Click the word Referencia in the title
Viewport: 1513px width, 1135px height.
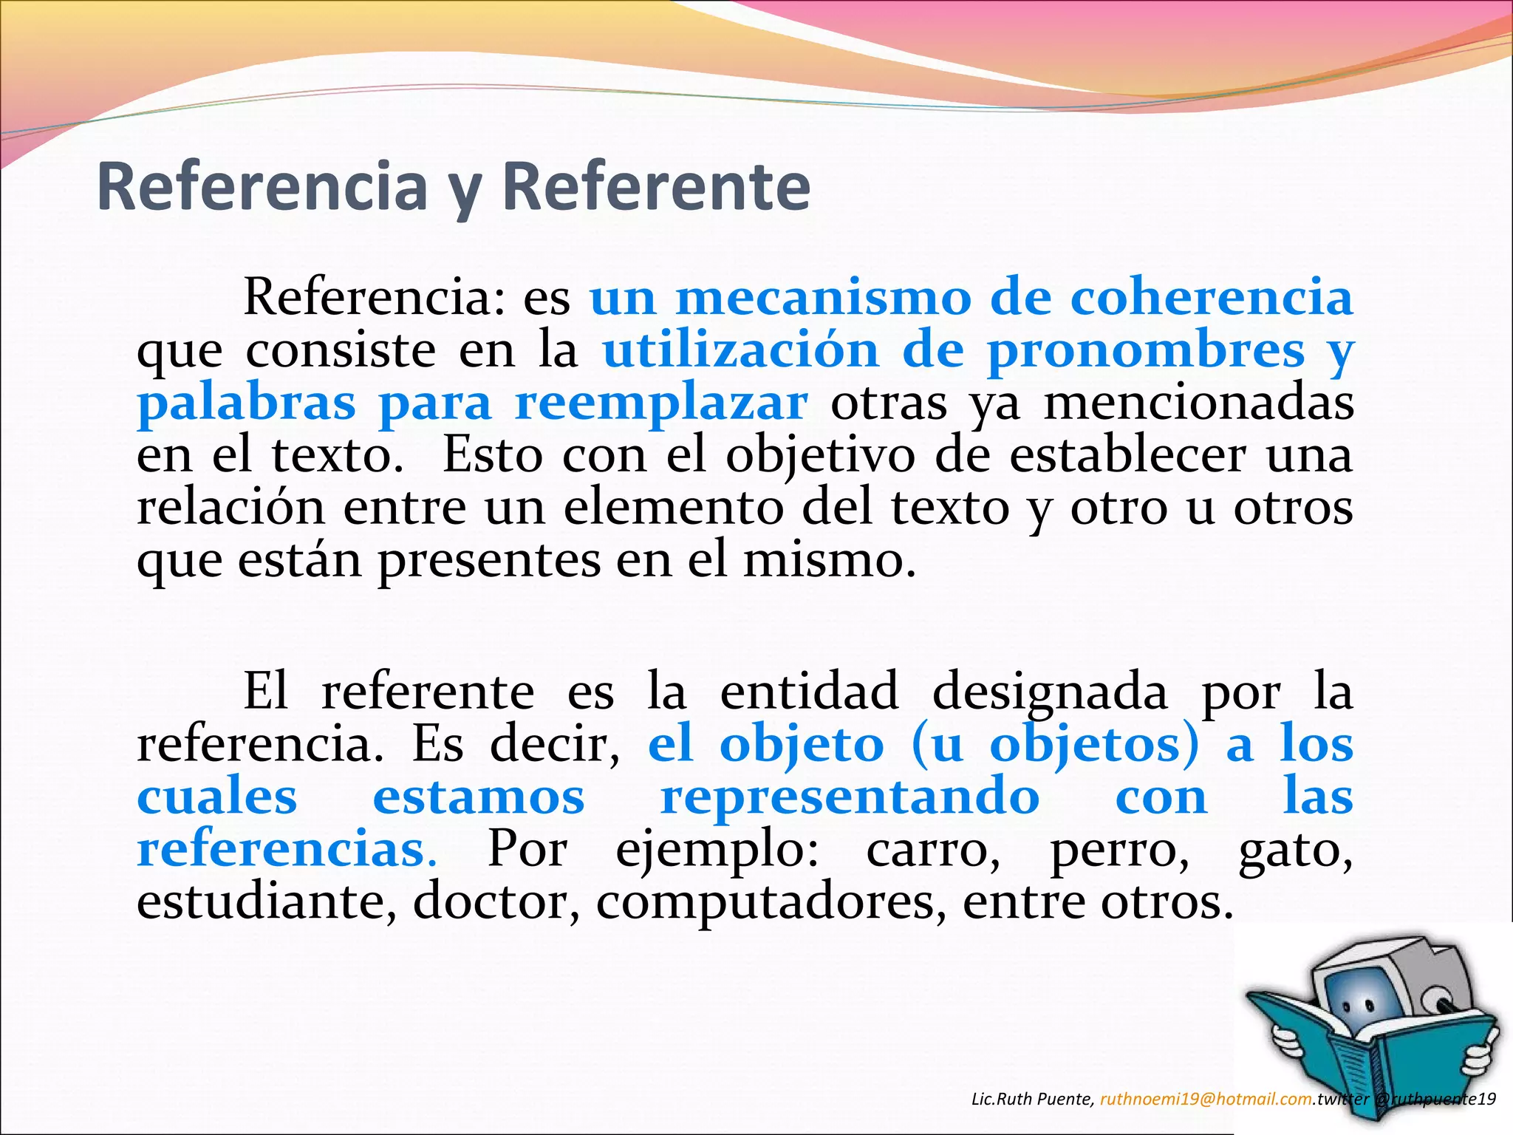[262, 186]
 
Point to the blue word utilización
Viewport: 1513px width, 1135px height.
[740, 350]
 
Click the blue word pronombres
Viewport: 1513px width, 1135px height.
[1147, 351]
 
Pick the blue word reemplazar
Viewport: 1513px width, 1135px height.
[661, 403]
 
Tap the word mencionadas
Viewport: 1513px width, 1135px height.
[1198, 403]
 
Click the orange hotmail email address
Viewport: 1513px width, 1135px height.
[1206, 1099]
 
